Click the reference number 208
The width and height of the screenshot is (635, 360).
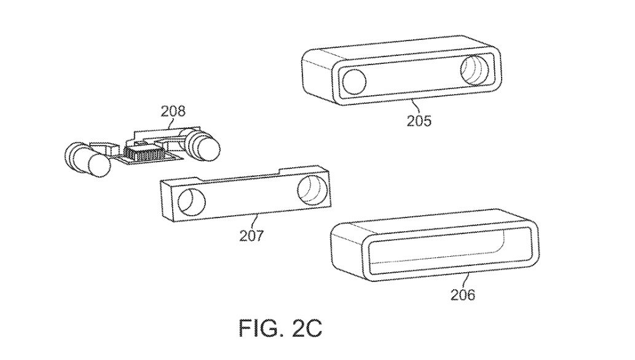(x=173, y=111)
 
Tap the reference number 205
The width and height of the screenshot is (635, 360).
(x=419, y=120)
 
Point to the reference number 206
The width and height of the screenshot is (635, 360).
(x=462, y=295)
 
